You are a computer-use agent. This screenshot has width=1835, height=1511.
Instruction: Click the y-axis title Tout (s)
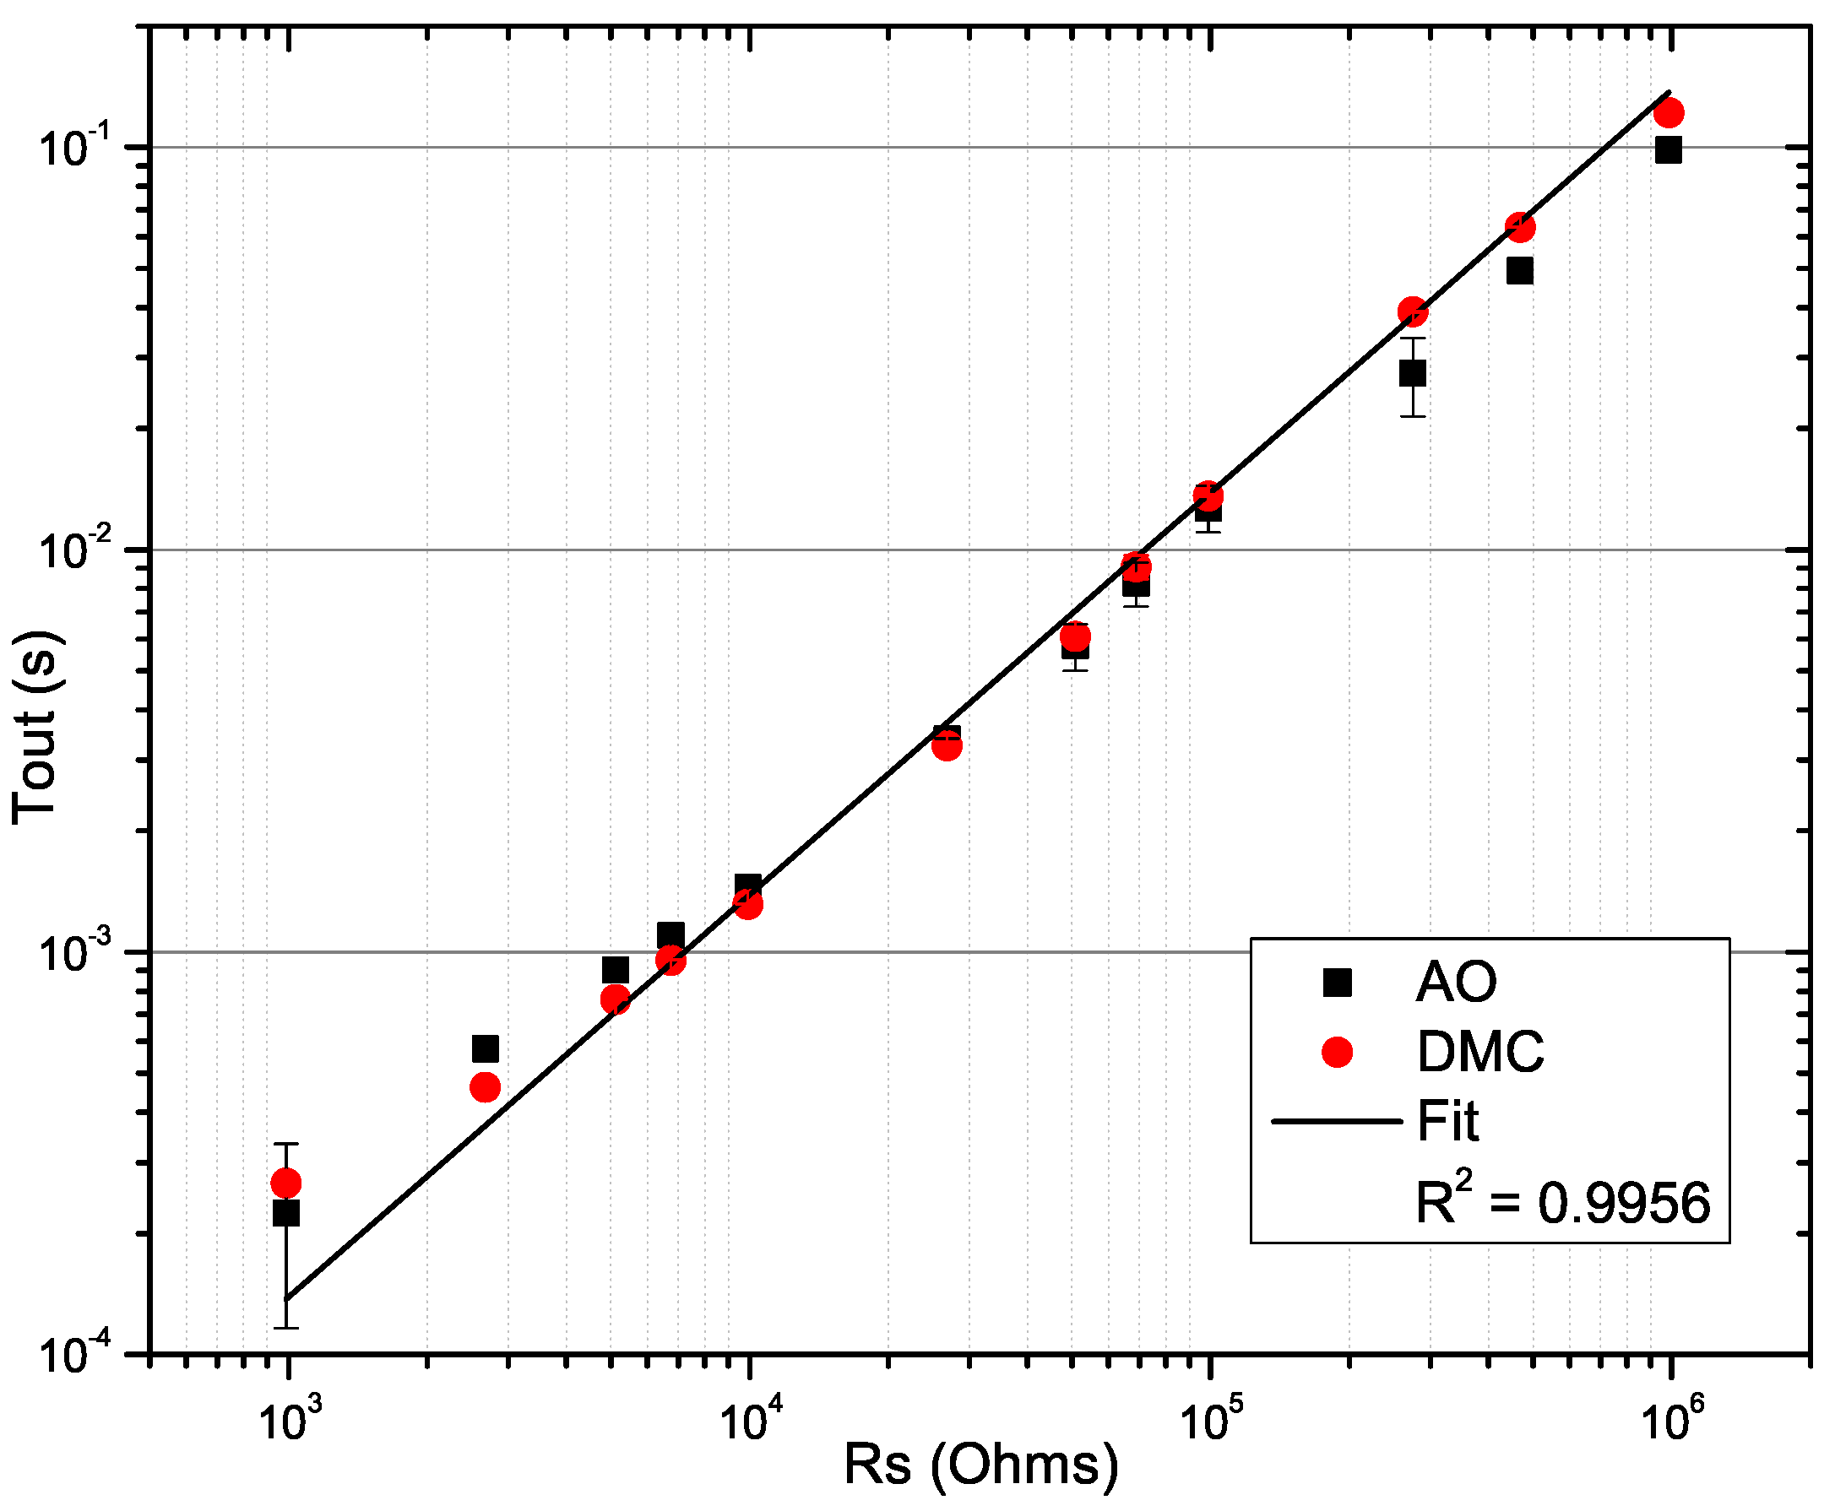click(x=35, y=728)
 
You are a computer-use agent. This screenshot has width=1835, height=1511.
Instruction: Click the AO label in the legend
click(x=1457, y=983)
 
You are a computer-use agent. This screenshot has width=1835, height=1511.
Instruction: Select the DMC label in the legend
click(x=1480, y=1052)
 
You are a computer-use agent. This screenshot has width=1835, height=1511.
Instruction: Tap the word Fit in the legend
click(x=1447, y=1120)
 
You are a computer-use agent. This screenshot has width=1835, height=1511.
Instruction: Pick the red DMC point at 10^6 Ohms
click(x=1668, y=112)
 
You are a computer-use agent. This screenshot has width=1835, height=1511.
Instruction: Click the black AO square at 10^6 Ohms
click(x=1668, y=150)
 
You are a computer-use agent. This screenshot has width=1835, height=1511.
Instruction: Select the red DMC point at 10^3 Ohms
click(x=286, y=1183)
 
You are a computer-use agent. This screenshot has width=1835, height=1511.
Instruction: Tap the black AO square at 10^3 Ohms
click(x=286, y=1213)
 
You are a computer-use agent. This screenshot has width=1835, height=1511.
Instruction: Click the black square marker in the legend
click(x=1337, y=983)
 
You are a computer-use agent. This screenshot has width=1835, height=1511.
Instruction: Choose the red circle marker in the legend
click(x=1337, y=1053)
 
